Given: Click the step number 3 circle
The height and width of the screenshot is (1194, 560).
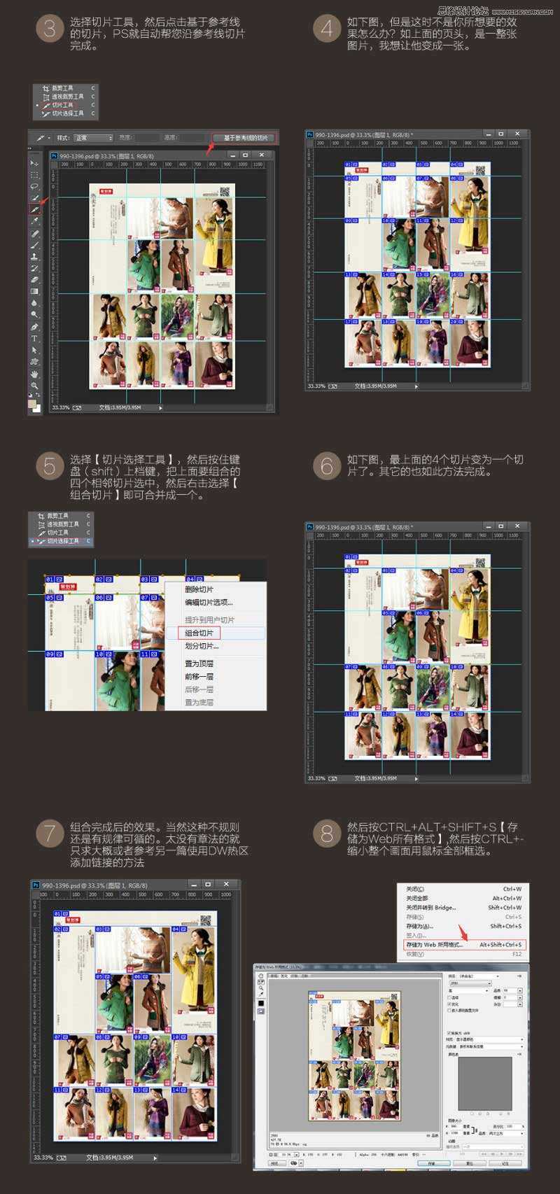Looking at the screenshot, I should (x=50, y=29).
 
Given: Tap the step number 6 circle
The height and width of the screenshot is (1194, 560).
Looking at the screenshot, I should (x=327, y=466).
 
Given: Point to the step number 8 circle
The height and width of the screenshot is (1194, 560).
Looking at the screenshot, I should (x=327, y=833).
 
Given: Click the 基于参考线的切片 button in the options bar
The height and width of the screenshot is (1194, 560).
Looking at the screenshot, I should (x=246, y=138).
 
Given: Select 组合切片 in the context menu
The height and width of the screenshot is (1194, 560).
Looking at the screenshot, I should (x=199, y=633).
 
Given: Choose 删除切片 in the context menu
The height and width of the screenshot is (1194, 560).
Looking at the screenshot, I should (x=199, y=589).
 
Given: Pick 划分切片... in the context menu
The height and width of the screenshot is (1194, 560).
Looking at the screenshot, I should (x=202, y=646).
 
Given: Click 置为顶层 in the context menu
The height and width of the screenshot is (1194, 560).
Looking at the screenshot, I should (x=199, y=663).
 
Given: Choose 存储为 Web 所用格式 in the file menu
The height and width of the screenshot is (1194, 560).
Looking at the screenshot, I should (x=435, y=945).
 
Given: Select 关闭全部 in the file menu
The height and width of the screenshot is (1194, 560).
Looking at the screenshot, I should (x=417, y=898).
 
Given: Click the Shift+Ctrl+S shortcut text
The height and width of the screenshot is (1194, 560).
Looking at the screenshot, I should (x=505, y=926).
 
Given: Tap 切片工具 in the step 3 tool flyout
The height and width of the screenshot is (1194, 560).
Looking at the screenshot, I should (x=62, y=105).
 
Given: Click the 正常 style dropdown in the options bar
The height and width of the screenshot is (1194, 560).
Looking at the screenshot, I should (x=94, y=138).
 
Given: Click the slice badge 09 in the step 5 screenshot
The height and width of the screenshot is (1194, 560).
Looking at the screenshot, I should (x=50, y=654).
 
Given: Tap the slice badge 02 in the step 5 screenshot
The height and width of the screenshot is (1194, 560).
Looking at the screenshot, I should (x=99, y=580).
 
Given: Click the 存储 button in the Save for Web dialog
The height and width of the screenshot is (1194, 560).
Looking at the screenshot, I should (x=431, y=1163).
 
